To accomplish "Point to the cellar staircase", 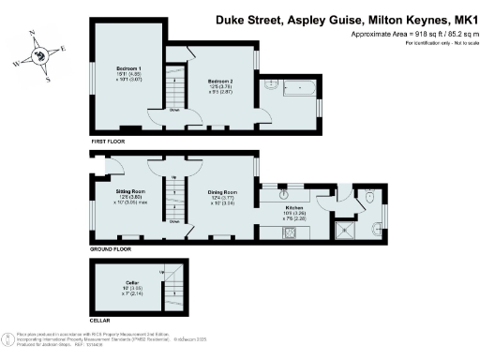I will pyautogui.click(x=172, y=285).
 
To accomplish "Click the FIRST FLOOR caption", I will pyautogui.click(x=109, y=142).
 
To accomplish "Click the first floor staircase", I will pyautogui.click(x=175, y=86).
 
